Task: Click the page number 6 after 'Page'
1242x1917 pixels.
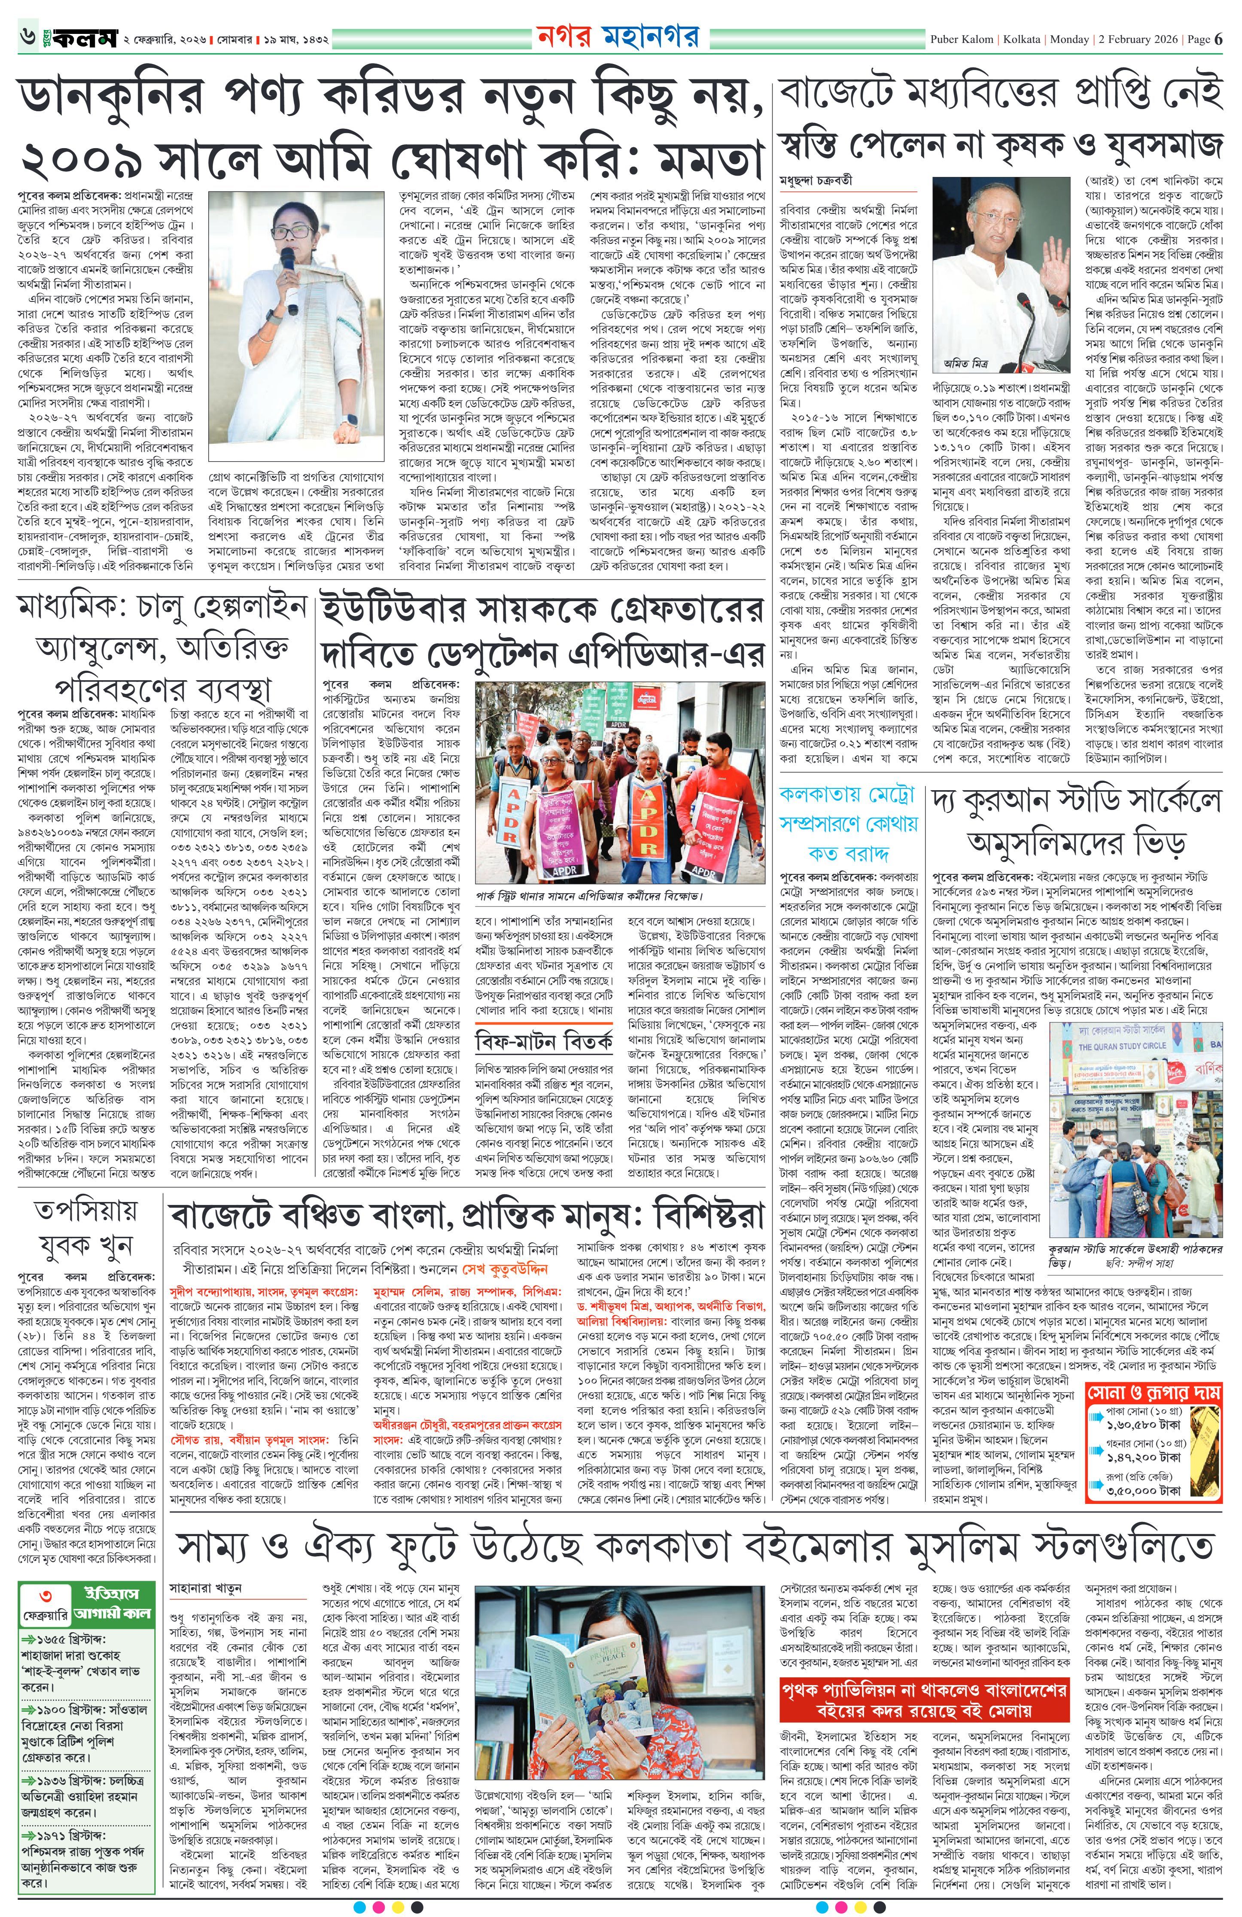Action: [x=1219, y=39]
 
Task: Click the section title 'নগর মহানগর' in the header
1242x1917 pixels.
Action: [x=617, y=37]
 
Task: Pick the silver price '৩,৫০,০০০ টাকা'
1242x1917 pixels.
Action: [x=1143, y=1491]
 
